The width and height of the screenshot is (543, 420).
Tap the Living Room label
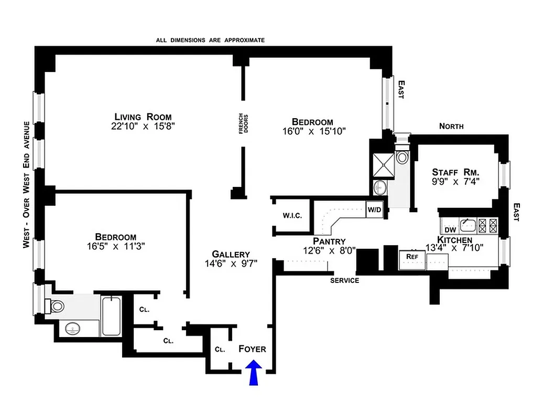(144, 117)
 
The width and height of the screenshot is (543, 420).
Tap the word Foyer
(252, 349)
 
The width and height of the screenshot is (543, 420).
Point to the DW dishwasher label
(450, 230)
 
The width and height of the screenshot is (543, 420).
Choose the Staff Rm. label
(456, 172)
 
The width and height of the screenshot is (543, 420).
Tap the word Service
(344, 280)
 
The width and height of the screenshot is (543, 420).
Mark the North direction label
(451, 126)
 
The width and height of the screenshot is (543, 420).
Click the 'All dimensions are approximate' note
(210, 40)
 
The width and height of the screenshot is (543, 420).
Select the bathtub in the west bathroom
(112, 316)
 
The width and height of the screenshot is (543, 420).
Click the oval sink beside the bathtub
(72, 329)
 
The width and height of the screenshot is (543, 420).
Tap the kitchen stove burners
(486, 226)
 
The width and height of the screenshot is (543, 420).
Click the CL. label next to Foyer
(220, 349)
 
